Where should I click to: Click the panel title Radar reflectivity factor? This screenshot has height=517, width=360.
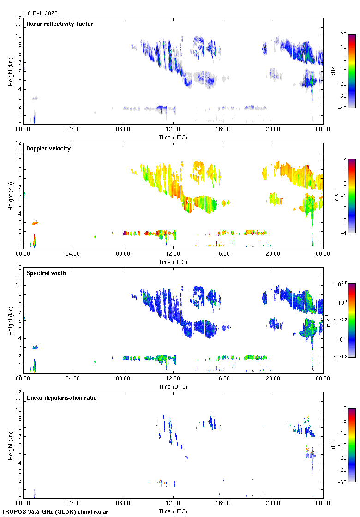point(60,24)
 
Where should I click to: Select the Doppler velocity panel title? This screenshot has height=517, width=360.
point(48,149)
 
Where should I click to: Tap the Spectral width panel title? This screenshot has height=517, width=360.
point(46,273)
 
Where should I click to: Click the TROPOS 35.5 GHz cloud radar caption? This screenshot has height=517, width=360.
point(55,512)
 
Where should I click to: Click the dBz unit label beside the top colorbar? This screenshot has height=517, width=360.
point(333,71)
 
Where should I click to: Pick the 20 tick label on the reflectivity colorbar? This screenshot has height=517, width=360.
point(343,35)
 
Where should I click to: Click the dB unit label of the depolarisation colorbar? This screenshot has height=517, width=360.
point(333,445)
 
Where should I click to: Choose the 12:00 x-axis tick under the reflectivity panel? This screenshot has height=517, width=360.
point(173,130)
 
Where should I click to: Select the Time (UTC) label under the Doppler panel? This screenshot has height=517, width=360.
point(173,262)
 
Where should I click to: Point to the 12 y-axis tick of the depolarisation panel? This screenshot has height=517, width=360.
point(18,392)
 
